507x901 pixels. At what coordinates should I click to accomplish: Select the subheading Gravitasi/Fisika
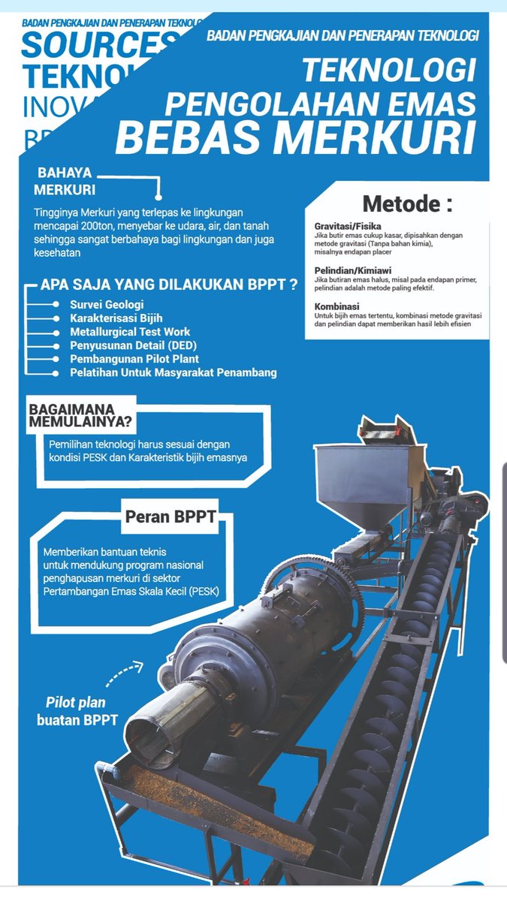(348, 226)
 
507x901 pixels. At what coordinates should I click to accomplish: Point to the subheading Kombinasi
(336, 306)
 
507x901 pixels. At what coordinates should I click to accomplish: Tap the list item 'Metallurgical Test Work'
(130, 332)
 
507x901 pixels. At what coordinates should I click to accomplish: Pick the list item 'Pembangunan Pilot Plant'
(134, 359)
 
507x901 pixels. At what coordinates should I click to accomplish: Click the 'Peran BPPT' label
(160, 517)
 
